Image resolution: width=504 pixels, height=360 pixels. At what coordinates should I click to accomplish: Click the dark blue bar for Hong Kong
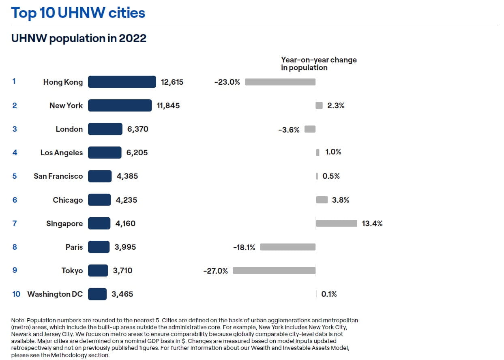click(x=122, y=82)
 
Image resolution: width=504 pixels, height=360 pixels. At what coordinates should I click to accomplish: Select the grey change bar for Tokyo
click(x=274, y=270)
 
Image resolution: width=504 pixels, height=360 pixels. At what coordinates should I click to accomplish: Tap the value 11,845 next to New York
click(x=168, y=106)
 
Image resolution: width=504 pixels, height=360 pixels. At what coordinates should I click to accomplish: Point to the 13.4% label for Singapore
click(x=372, y=223)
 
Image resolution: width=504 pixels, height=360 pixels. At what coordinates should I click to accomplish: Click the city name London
click(x=69, y=129)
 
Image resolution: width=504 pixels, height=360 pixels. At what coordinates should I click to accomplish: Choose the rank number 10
click(x=16, y=294)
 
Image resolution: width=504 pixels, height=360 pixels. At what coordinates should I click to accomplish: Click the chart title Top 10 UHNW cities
click(x=78, y=13)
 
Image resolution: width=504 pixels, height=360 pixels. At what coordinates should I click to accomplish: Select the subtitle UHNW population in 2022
click(x=79, y=38)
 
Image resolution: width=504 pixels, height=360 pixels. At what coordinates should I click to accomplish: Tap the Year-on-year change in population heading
click(x=319, y=64)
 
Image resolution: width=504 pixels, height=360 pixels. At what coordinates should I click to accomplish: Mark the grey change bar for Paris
click(x=287, y=247)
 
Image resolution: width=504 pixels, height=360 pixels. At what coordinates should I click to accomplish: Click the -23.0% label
click(x=227, y=82)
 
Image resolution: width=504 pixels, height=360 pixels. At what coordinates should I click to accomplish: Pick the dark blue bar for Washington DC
click(x=97, y=294)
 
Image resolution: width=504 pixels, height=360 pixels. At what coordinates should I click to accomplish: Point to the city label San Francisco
click(x=58, y=176)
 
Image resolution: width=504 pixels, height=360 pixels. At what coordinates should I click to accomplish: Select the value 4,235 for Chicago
click(x=127, y=200)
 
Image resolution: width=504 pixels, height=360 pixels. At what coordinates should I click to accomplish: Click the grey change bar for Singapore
click(x=336, y=223)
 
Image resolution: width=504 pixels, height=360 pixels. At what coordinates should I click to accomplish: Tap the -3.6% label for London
click(x=289, y=130)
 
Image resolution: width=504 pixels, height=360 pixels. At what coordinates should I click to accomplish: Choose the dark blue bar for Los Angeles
click(x=105, y=153)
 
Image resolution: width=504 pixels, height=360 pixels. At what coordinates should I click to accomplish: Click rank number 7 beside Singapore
click(x=15, y=223)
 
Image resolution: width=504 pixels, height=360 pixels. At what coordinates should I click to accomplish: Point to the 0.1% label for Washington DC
click(x=329, y=294)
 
